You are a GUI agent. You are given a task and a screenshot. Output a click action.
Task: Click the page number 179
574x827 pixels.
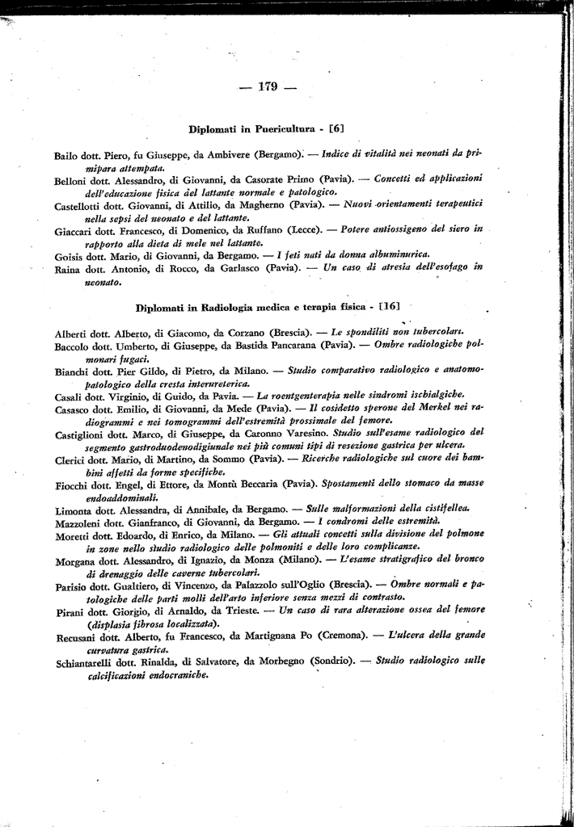click(268, 87)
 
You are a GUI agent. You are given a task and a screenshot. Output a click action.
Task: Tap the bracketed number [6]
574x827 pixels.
click(337, 128)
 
